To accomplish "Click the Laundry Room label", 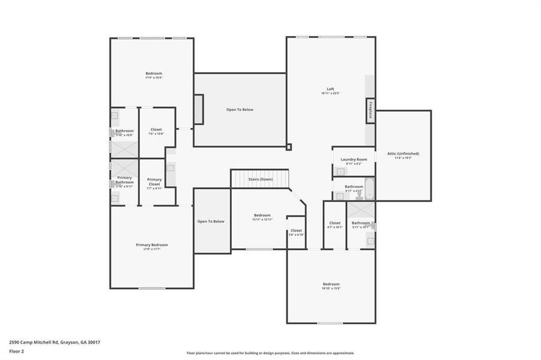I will pos(353,160).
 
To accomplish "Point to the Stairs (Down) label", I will pos(261,179).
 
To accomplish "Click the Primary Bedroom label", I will pos(151,245).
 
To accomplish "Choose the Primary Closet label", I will pos(154,181).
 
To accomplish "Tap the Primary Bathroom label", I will pos(124,179).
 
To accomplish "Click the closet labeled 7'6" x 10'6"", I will pos(156,134).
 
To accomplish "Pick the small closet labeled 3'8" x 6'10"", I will pos(296,235).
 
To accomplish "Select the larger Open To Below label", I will pos(240,110).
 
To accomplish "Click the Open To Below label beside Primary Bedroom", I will pos(211,221).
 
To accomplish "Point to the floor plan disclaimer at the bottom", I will pos(270,353).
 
